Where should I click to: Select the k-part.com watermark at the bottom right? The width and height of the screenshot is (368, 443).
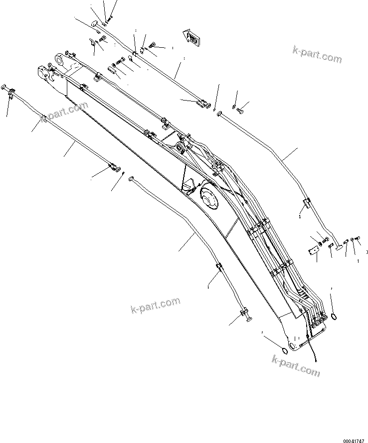[x=296, y=365]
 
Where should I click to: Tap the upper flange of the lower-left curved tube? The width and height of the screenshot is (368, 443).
[x=131, y=178]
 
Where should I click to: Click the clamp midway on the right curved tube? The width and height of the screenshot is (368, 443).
[x=306, y=203]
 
